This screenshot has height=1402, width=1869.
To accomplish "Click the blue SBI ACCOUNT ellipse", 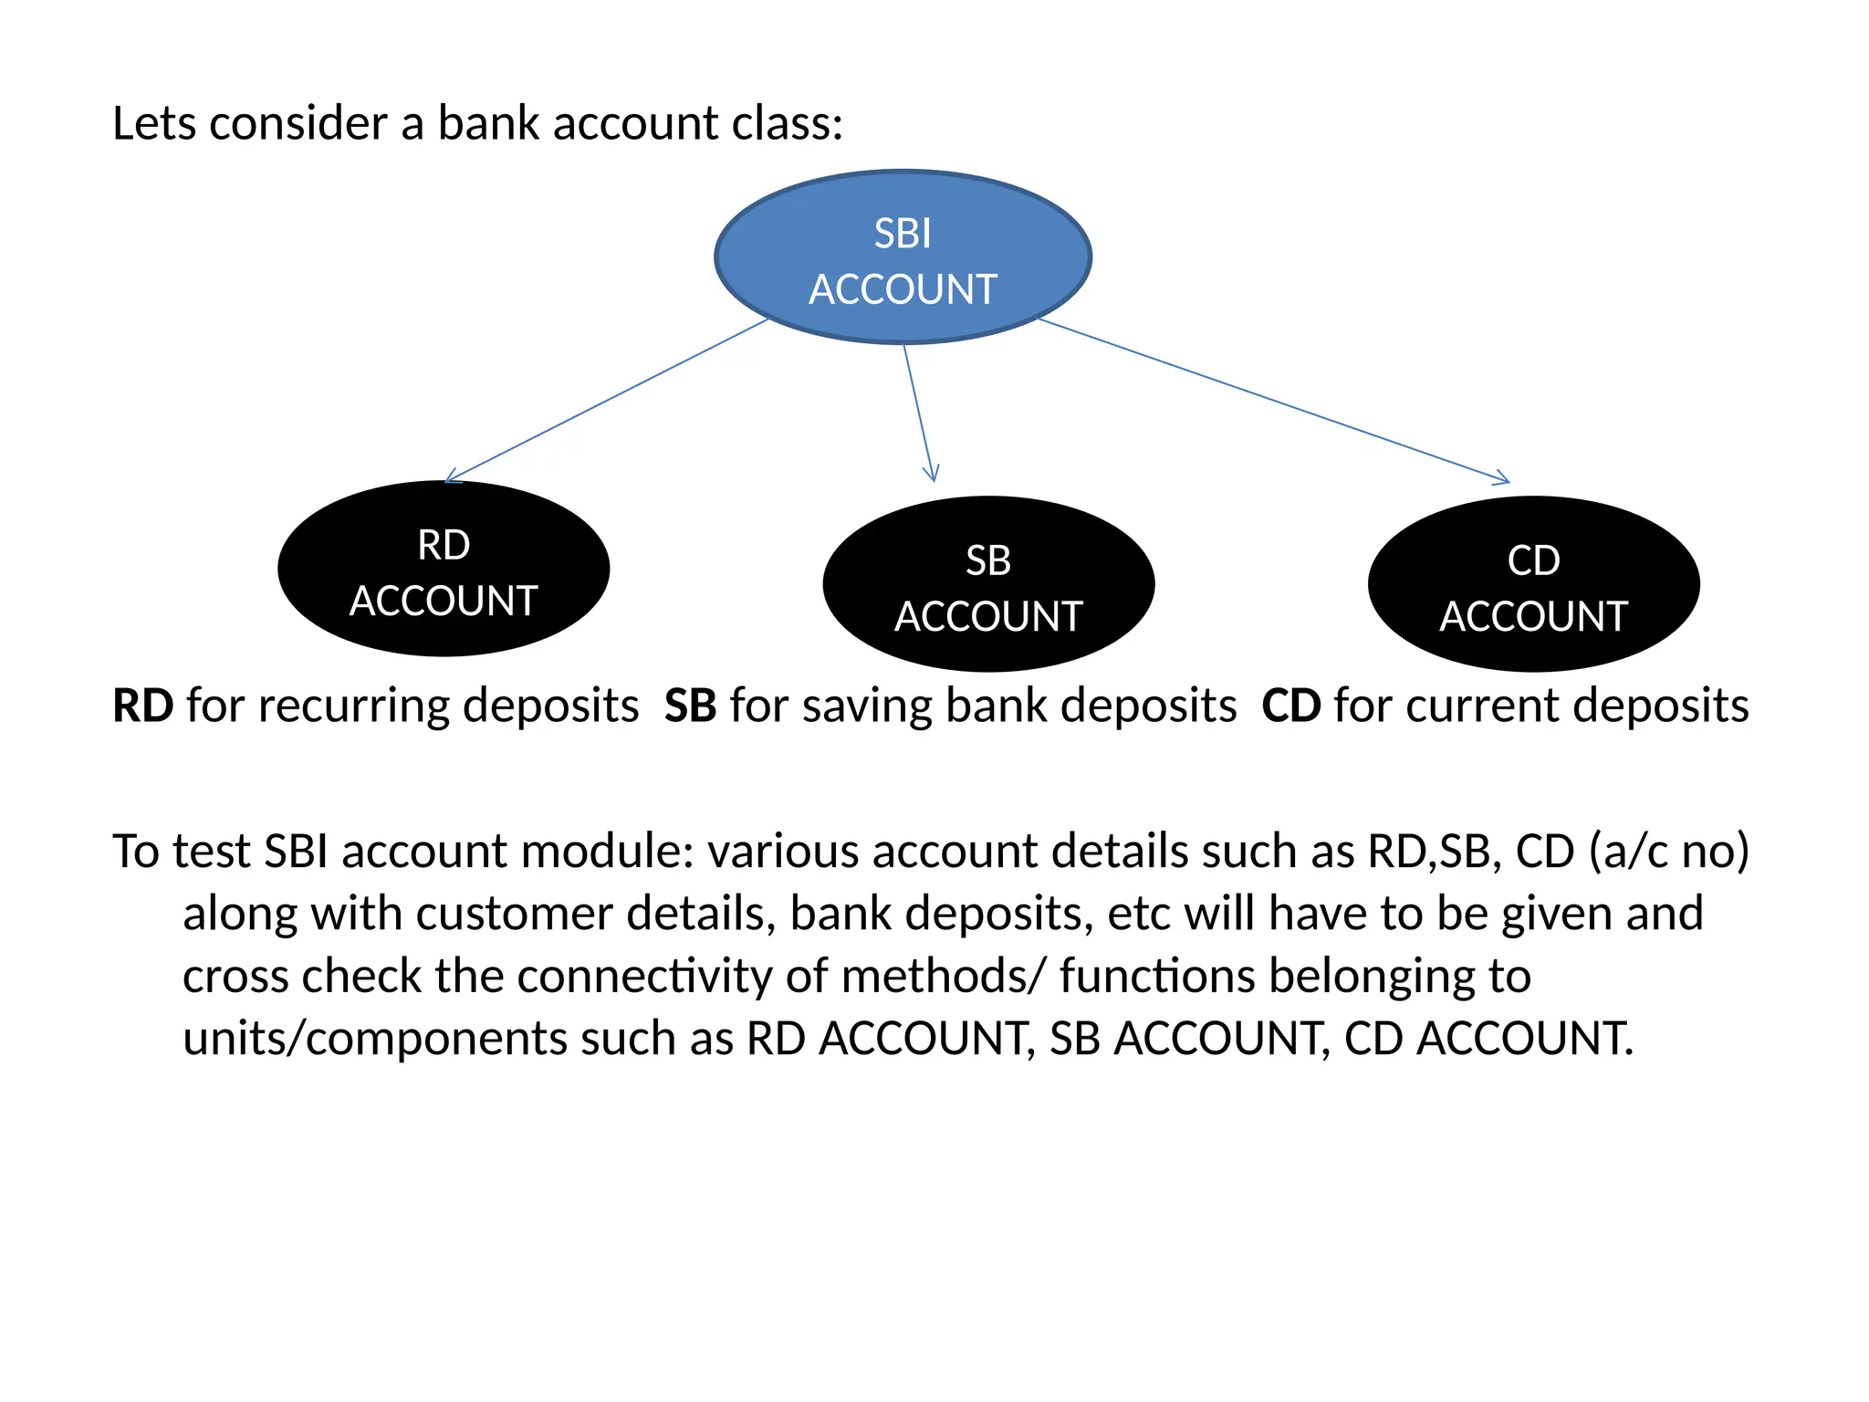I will (903, 256).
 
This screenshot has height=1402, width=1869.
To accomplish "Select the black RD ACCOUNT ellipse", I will (444, 569).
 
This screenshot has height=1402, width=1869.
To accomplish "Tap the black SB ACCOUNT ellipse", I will (988, 584).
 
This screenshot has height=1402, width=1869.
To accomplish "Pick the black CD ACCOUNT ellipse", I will (1533, 584).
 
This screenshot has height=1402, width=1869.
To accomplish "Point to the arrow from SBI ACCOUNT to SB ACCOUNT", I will (917, 411).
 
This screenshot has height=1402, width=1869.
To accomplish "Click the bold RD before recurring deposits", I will (143, 706).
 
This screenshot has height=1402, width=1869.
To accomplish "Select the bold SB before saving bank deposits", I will (690, 706).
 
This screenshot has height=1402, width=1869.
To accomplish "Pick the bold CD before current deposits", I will (1290, 706).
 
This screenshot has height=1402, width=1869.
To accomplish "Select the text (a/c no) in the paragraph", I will (1668, 852).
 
